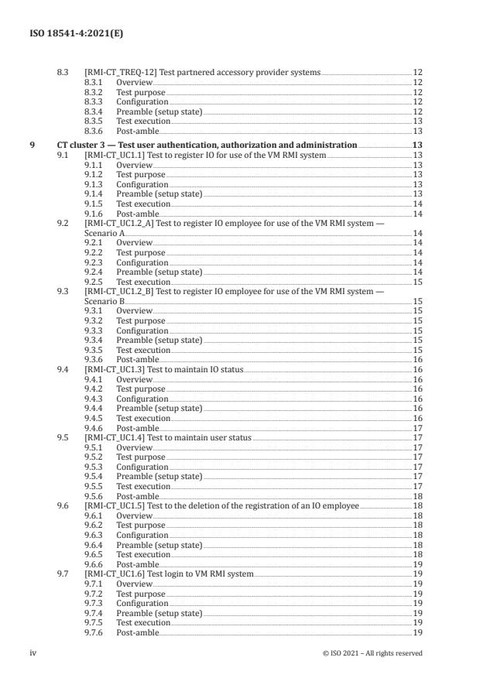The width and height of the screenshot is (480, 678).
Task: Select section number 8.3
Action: (63, 72)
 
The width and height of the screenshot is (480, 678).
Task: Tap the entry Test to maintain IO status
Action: (194, 370)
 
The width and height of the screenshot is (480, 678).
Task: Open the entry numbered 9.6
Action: (63, 506)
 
